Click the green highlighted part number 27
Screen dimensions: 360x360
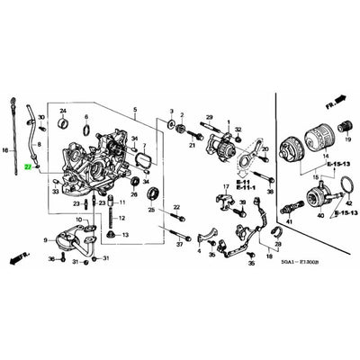point(29,167)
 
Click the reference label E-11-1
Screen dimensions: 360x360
point(243,188)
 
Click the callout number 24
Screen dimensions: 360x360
point(62,110)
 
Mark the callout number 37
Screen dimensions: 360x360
point(179,244)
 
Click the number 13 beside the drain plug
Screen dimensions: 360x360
point(125,234)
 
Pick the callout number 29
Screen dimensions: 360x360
point(209,118)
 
